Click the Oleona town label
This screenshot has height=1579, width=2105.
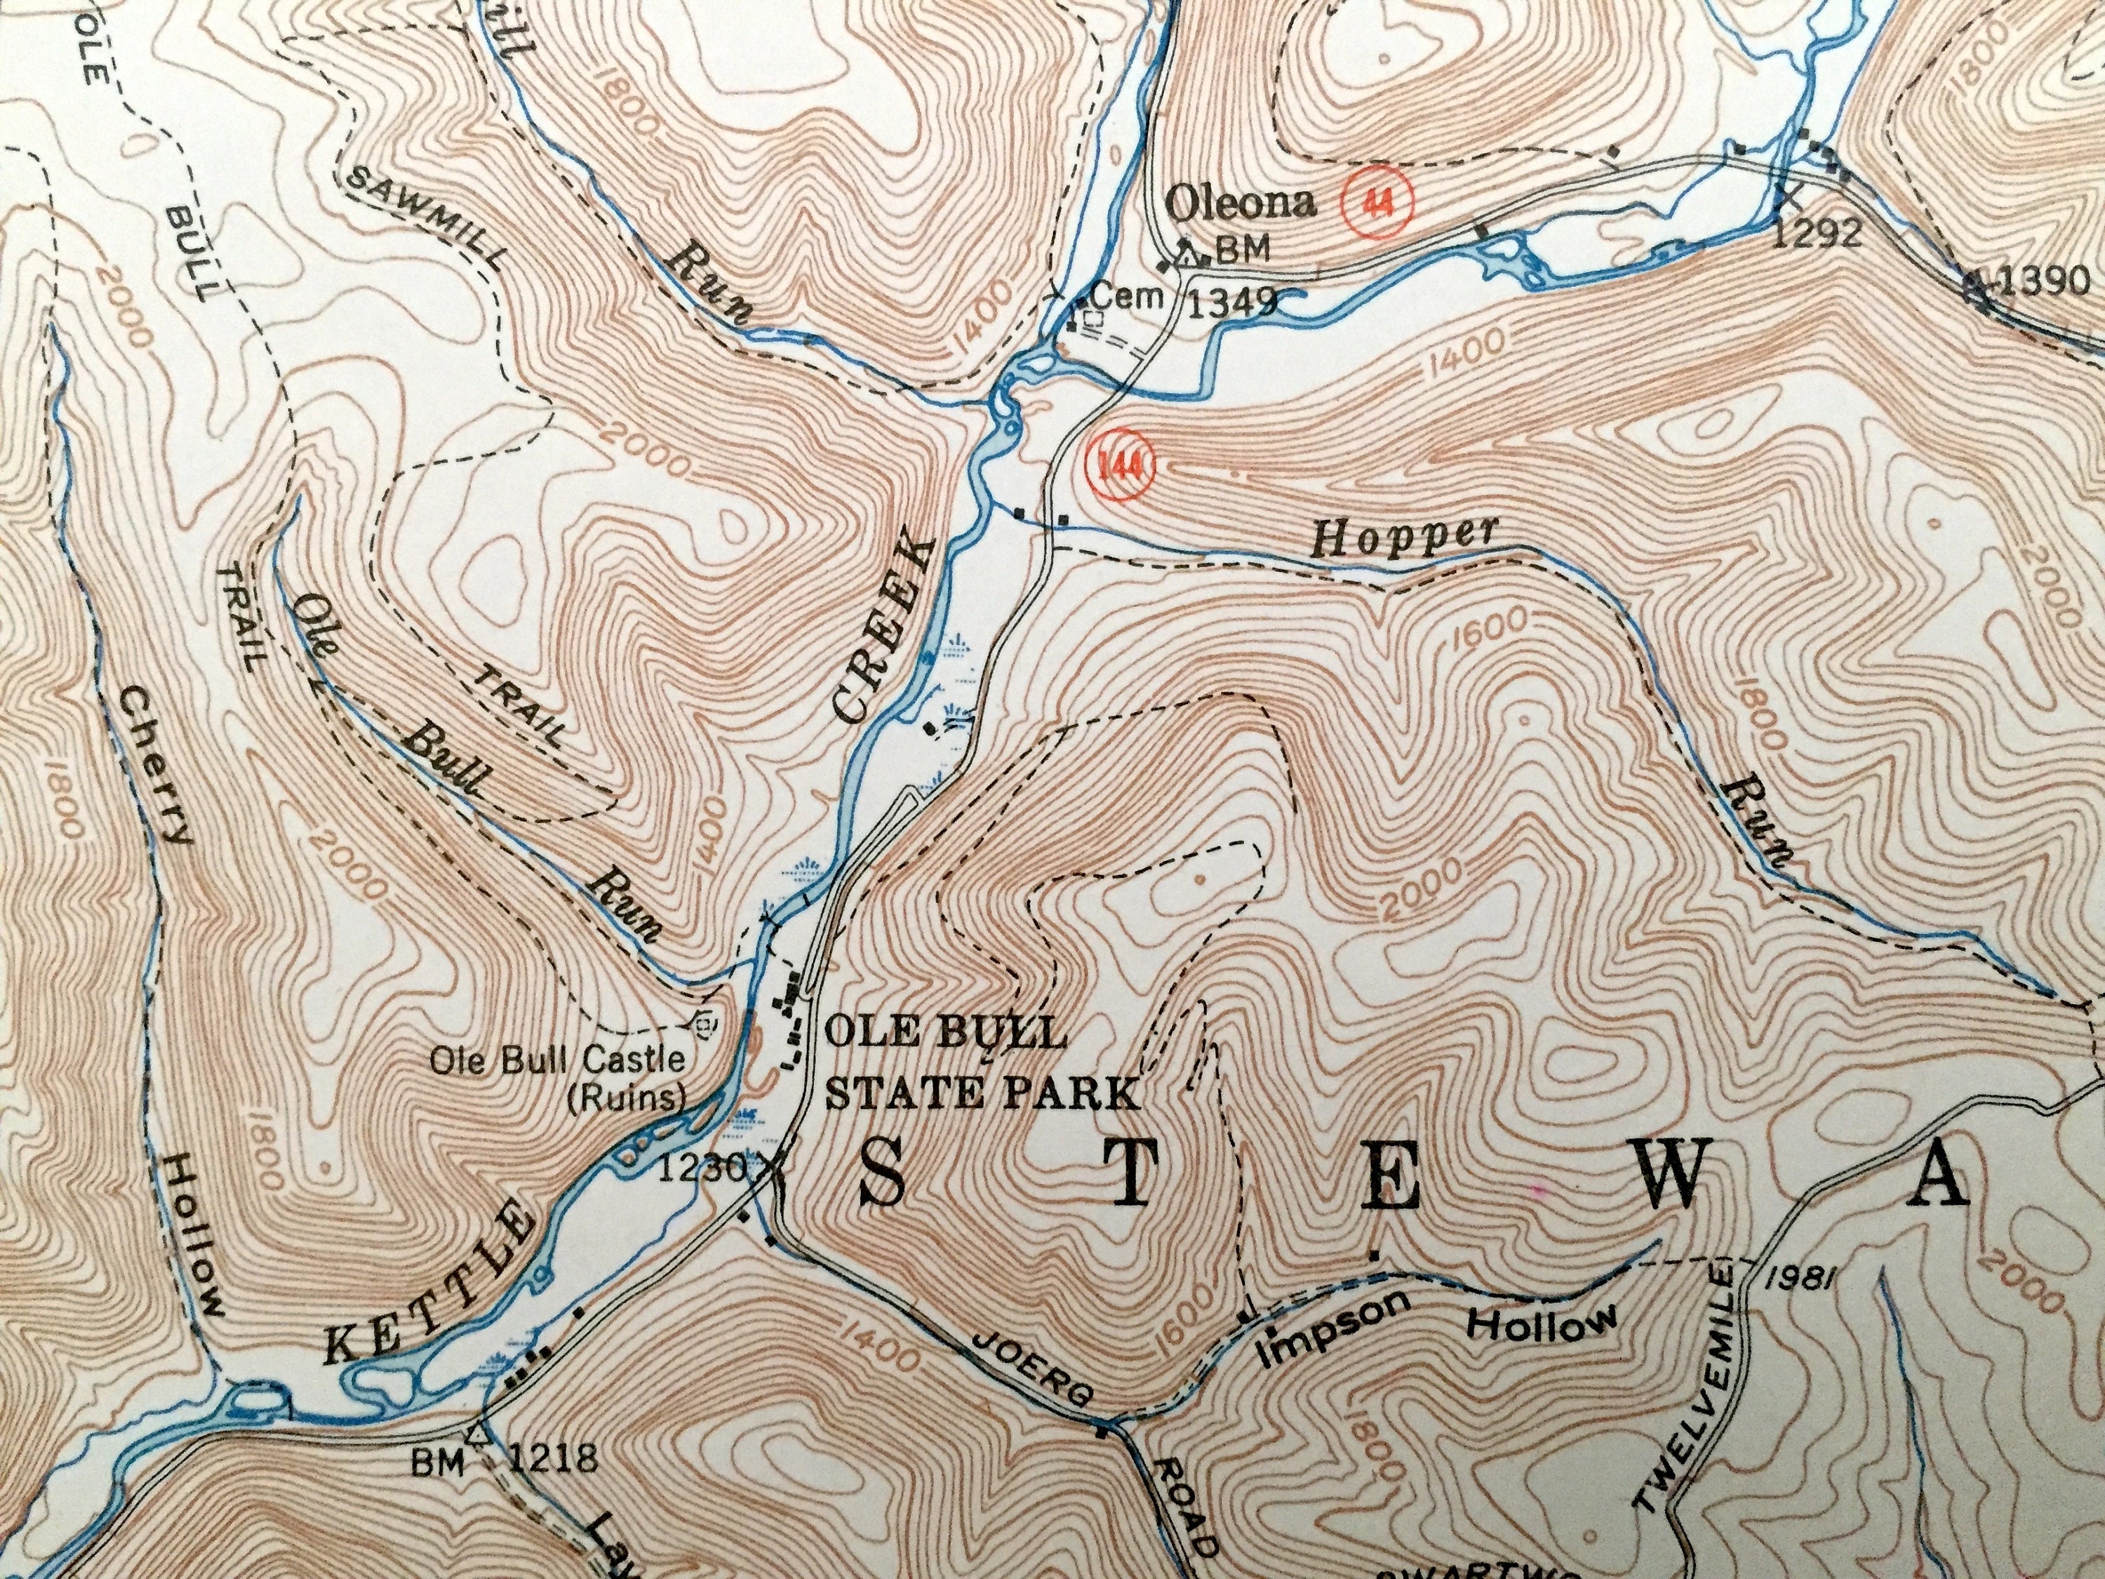click(1241, 203)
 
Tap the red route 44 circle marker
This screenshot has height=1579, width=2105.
click(1378, 203)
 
